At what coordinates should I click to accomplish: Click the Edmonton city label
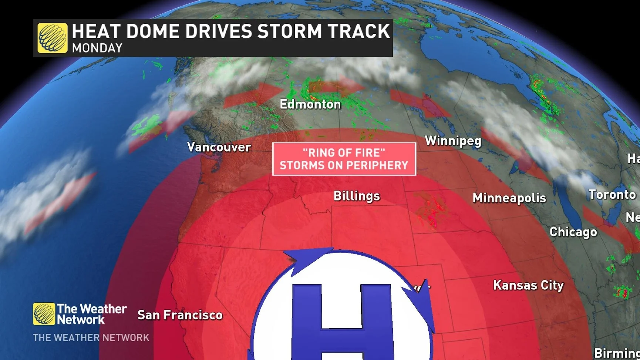310,104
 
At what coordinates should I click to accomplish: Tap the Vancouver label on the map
219,147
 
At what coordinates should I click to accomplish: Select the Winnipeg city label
453,141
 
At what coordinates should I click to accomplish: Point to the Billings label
357,196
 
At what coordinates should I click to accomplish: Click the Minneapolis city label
509,198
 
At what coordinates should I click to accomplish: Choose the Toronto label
612,195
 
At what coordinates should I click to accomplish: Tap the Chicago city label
573,232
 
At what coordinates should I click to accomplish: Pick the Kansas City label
528,285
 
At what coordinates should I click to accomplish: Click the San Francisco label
180,315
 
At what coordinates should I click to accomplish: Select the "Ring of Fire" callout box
344,159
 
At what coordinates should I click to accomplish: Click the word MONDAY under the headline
97,48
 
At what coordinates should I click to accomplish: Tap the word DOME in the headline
153,31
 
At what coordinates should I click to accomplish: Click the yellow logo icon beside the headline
53,38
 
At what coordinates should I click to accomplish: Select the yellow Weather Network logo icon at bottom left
44,314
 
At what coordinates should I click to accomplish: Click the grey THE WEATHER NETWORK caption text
91,337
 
